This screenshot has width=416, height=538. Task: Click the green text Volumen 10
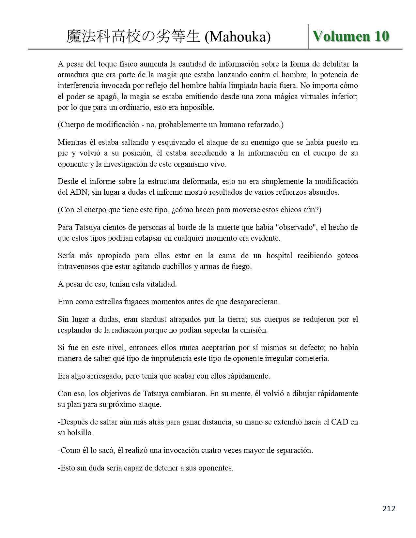coord(351,36)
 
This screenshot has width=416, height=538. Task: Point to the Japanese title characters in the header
coord(133,37)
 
